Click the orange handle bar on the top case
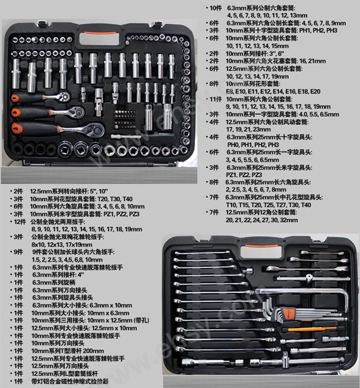100,33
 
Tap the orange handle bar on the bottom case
262,246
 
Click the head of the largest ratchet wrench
95,130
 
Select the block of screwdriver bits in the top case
124,120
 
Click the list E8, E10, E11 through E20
273,92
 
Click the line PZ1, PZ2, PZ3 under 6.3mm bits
244,175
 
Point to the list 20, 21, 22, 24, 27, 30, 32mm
262,220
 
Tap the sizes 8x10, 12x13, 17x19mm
62,245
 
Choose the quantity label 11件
216,99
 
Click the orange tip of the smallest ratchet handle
15,98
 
